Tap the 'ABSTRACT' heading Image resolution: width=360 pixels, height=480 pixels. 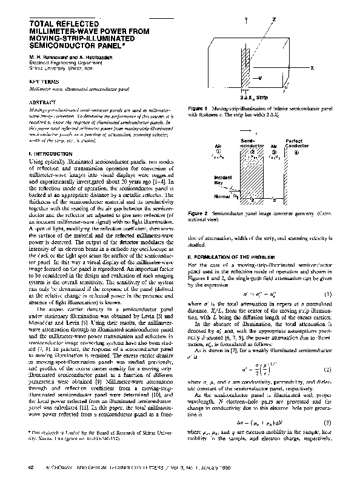[x=42, y=103]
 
